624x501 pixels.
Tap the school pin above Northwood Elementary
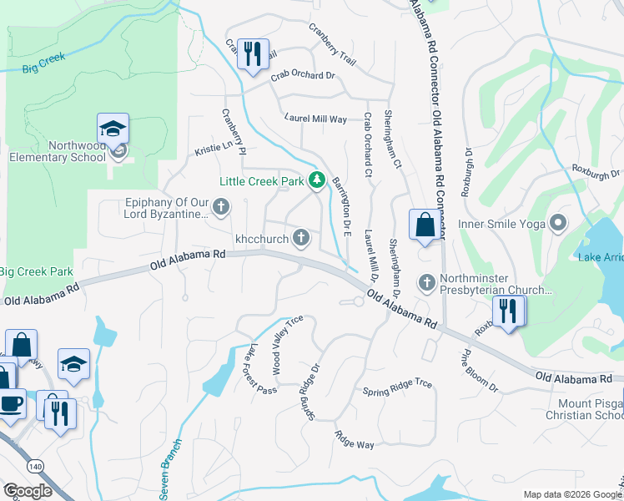113,129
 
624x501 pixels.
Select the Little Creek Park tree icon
316,180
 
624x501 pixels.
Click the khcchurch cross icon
301,240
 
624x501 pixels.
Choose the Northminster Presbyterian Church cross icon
427,282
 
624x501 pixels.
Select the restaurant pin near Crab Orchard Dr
252,54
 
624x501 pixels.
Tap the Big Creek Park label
36,271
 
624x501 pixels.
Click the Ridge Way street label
355,439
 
